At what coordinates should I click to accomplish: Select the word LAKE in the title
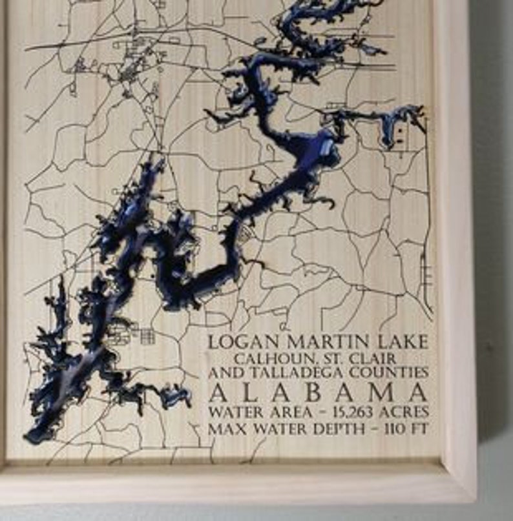(401, 342)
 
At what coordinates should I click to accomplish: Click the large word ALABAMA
(318, 393)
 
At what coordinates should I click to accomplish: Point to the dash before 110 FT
(379, 428)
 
